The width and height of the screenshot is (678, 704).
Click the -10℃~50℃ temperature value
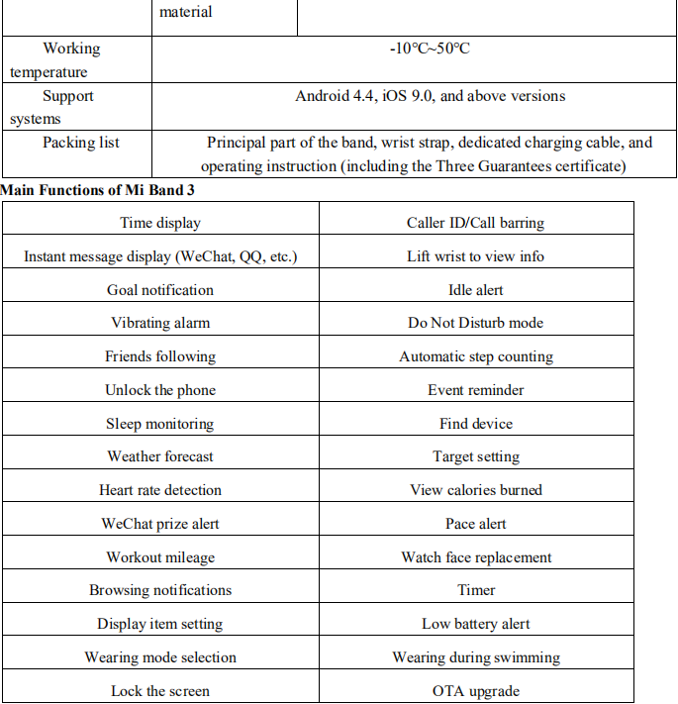pyautogui.click(x=430, y=49)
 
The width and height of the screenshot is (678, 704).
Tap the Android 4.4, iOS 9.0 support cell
pyautogui.click(x=430, y=96)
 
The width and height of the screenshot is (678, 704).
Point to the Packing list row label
pyautogui.click(x=80, y=143)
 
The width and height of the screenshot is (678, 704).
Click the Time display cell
pyautogui.click(x=160, y=223)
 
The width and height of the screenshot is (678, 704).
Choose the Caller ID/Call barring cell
pyautogui.click(x=475, y=223)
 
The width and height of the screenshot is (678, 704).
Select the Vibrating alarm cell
pyautogui.click(x=160, y=323)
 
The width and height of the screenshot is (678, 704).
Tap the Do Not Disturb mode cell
pyautogui.click(x=475, y=323)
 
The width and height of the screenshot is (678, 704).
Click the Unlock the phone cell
pyautogui.click(x=160, y=390)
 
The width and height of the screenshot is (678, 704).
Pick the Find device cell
pyautogui.click(x=475, y=424)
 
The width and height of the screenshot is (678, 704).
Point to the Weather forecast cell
pyautogui.click(x=160, y=456)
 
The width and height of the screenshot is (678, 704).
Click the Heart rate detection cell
pyautogui.click(x=160, y=490)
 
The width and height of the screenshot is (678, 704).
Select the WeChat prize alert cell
pyautogui.click(x=160, y=524)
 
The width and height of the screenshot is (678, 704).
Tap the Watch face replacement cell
pyautogui.click(x=475, y=557)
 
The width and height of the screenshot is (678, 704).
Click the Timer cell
pyautogui.click(x=475, y=590)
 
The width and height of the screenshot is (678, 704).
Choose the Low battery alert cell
pyautogui.click(x=475, y=624)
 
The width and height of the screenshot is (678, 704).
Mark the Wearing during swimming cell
pyautogui.click(x=475, y=657)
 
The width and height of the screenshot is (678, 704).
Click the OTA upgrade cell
pyautogui.click(x=475, y=691)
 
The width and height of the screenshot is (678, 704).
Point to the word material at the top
pyautogui.click(x=185, y=13)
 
